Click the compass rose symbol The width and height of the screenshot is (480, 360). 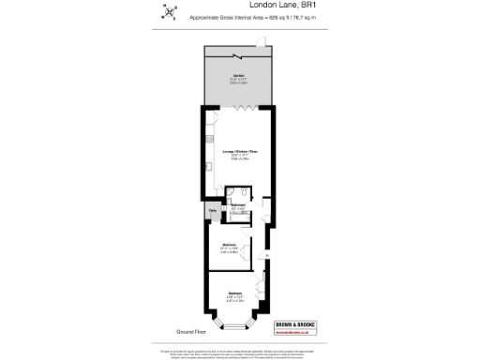click(x=170, y=13)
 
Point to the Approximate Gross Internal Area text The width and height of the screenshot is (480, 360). click(x=263, y=18)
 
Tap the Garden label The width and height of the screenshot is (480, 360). click(x=239, y=79)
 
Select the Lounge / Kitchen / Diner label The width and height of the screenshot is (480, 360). click(x=239, y=152)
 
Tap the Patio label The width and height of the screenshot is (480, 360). click(x=214, y=211)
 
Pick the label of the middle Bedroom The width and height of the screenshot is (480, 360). click(x=230, y=246)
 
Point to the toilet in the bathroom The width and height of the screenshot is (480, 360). click(x=243, y=197)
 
